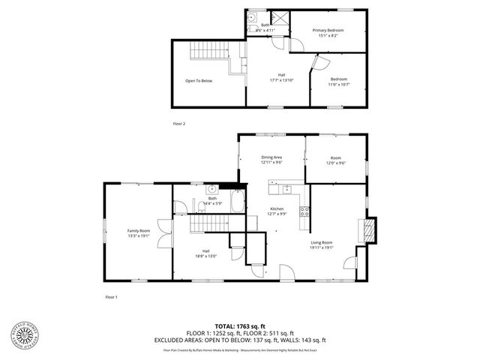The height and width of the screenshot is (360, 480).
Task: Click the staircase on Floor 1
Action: tap(207, 224)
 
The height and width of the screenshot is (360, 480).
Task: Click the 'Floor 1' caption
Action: tap(111, 298)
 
